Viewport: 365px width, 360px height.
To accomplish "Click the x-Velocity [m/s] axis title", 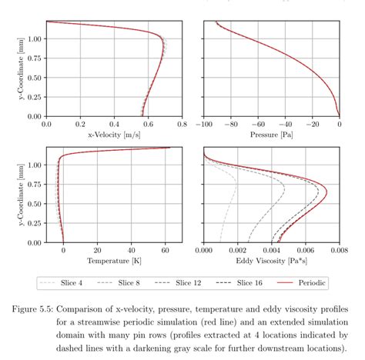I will pos(113,135).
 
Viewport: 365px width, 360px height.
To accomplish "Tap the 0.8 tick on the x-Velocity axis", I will pos(182,124).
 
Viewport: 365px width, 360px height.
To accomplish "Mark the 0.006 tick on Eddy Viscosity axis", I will pos(305,250).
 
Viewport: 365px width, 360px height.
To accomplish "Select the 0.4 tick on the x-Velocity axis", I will pos(114,124).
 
